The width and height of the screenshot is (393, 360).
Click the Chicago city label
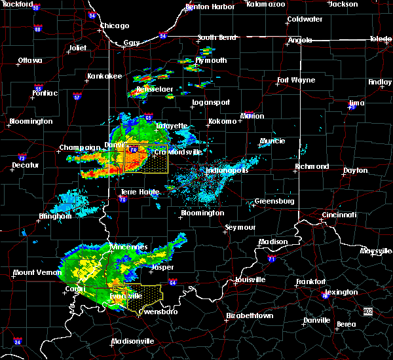(115, 26)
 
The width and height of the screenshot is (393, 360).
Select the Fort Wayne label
(291, 81)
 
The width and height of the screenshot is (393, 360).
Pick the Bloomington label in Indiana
(202, 213)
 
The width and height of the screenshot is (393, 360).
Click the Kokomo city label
(222, 121)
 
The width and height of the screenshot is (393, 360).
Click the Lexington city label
(341, 292)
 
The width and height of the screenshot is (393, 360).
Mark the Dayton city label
(355, 170)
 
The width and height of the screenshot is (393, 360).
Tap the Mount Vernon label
(33, 272)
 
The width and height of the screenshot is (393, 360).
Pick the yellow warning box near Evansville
(138, 298)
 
